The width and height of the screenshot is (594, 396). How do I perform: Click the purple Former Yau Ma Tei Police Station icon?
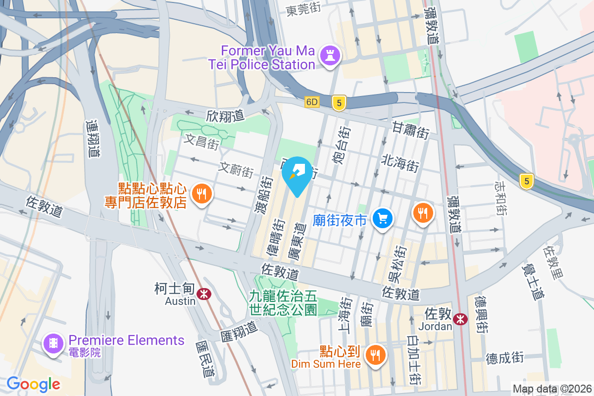(329, 56)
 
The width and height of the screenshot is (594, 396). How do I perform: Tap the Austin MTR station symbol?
(203, 294)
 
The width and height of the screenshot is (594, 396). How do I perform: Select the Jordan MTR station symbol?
(460, 319)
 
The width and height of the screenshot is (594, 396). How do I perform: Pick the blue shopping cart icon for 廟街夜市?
(383, 218)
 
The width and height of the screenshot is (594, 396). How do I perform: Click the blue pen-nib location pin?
(297, 174)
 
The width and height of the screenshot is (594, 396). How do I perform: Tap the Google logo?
(34, 384)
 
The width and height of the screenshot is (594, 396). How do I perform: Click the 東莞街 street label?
(304, 10)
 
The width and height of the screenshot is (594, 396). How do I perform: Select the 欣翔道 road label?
(226, 116)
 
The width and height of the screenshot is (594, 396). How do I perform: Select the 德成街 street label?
(504, 358)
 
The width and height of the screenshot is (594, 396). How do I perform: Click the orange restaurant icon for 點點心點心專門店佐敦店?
(201, 194)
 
